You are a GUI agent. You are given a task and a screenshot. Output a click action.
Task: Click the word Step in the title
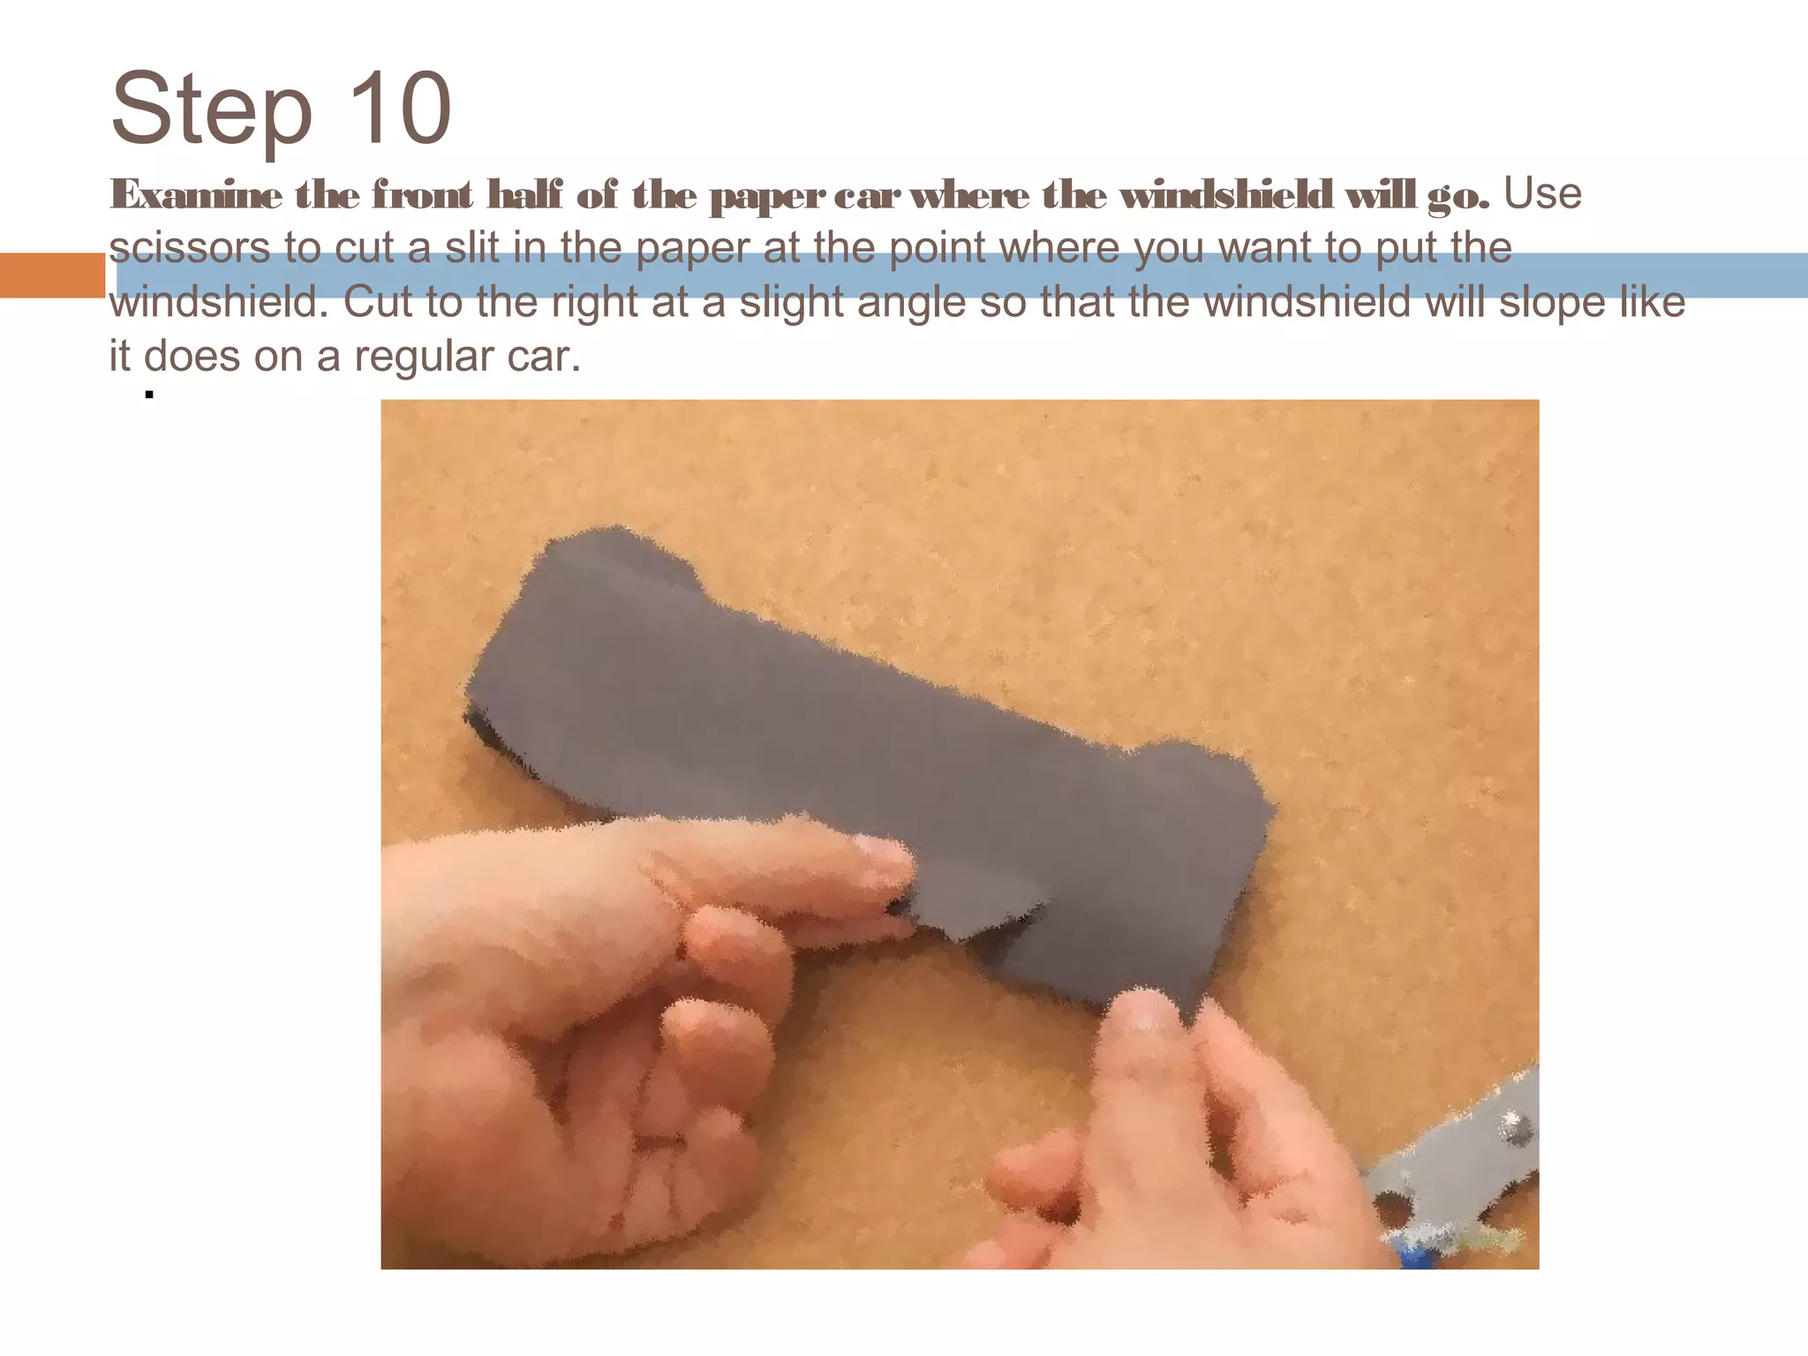pyautogui.click(x=212, y=110)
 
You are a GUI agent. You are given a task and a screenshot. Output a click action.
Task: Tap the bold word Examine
pyautogui.click(x=196, y=195)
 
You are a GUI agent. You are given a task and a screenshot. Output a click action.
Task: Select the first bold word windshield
pyautogui.click(x=1226, y=195)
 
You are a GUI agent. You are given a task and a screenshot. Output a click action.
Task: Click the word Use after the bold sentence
pyautogui.click(x=1542, y=193)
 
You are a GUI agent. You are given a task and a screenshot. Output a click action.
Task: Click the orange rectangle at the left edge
pyautogui.click(x=52, y=275)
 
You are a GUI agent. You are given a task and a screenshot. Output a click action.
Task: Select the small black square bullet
pyautogui.click(x=149, y=395)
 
